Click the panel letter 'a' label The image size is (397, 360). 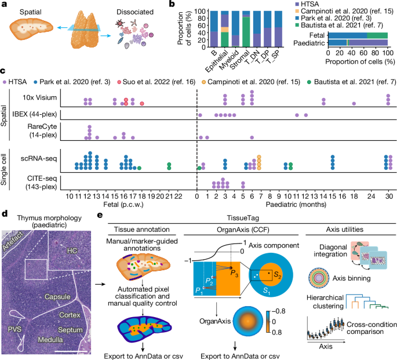click(4, 4)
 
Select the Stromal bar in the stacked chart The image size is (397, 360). click(246, 29)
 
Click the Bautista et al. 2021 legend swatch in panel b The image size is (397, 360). click(297, 25)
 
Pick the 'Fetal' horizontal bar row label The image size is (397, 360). click(317, 35)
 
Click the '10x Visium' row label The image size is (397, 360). click(39, 97)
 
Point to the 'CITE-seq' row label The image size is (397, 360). click(42, 179)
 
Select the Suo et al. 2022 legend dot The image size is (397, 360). click(119, 82)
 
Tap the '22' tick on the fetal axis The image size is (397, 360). click(178, 196)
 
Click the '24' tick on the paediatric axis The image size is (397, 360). click(371, 196)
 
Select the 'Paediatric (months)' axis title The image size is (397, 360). click(296, 204)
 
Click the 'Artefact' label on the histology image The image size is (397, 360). click(13, 241)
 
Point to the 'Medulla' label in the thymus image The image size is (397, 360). click(50, 340)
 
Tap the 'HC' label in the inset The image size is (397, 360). click(72, 250)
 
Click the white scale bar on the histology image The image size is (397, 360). click(71, 351)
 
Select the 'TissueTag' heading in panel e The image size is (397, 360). click(243, 218)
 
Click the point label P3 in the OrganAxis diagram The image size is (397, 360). click(234, 273)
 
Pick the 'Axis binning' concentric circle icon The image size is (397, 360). click(319, 278)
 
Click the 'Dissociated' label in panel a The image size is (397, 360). click(135, 12)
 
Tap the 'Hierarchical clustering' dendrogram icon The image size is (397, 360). click(367, 301)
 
